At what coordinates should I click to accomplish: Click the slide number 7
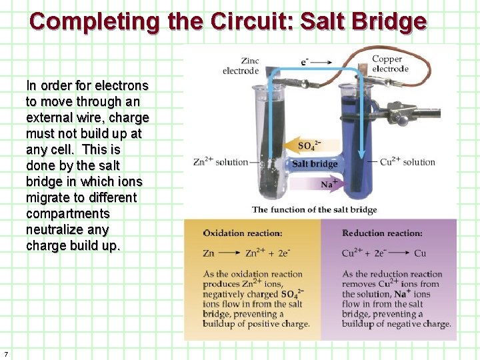tap(6, 353)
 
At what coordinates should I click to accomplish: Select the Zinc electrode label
tap(241, 66)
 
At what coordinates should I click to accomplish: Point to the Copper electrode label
tap(391, 63)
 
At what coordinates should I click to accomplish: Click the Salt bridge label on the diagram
tap(315, 164)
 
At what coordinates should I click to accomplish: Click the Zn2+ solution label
tap(220, 162)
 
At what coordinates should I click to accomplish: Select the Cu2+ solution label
tap(407, 162)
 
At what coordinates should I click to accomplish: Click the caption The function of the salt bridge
tap(315, 209)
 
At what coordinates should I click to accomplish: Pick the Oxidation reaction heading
tap(243, 233)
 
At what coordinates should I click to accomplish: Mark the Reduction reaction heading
tap(383, 233)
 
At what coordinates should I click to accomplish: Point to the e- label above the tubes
tap(305, 62)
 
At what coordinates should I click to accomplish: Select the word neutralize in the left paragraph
tap(57, 229)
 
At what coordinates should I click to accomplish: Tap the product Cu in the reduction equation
tap(420, 253)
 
